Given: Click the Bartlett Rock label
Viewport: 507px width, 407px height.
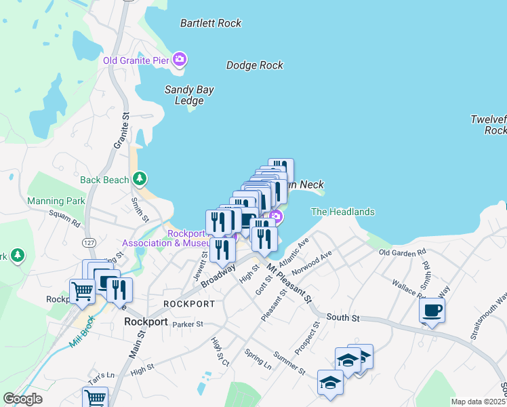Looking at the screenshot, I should [211, 23].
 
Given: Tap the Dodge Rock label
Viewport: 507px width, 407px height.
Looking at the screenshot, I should [254, 65].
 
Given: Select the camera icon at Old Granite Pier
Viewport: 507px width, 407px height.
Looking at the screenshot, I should [180, 60].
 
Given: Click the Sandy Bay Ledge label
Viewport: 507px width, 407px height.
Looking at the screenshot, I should [184, 95].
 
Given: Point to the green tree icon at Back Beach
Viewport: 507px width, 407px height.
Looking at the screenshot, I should [140, 179].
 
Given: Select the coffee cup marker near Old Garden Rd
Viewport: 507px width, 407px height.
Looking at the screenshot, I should [432, 311].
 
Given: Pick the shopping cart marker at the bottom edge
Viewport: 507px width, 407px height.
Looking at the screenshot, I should [95, 398].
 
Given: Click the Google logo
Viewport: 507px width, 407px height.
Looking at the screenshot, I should [22, 399].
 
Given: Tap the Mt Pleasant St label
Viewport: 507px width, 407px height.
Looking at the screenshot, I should [289, 284].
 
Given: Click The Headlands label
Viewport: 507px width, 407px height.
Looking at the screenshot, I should [343, 212].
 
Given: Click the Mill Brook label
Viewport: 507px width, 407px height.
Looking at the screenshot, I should [85, 333].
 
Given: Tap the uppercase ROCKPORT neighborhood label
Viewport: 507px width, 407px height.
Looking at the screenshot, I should [189, 304].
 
